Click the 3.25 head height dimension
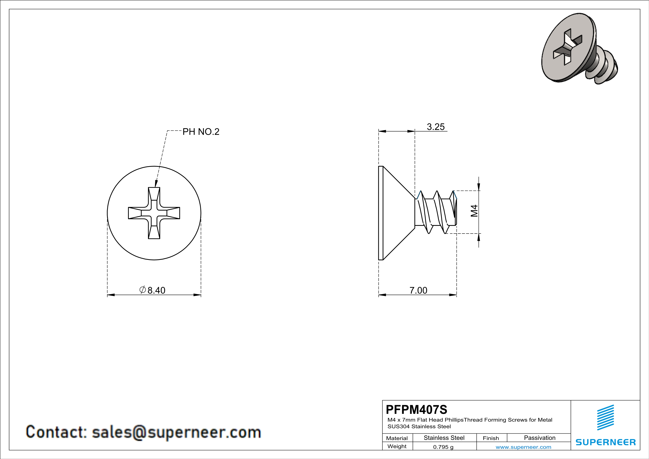click(x=436, y=127)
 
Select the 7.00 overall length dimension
click(x=418, y=290)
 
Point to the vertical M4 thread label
click(x=474, y=211)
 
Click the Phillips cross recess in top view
click(x=154, y=213)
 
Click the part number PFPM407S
click(x=416, y=409)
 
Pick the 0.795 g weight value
click(x=443, y=447)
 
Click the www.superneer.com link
click(x=523, y=447)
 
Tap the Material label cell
click(x=397, y=438)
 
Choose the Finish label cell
click(x=491, y=438)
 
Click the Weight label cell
click(x=397, y=446)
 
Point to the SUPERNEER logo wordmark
click(x=606, y=442)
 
